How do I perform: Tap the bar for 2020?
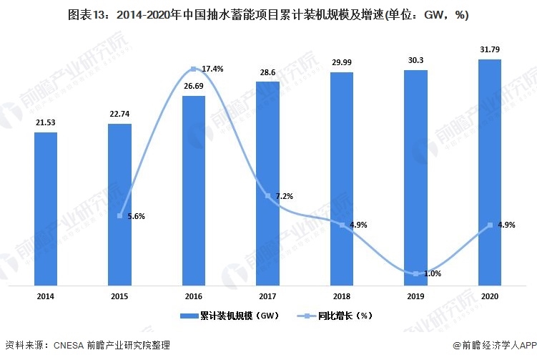click(x=489, y=172)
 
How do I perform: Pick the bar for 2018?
click(x=341, y=179)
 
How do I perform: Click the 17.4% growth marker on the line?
click(x=194, y=69)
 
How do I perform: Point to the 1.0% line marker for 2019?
click(x=415, y=273)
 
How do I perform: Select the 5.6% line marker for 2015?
click(x=120, y=215)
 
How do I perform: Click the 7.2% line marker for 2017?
click(x=267, y=196)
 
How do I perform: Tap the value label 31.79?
click(x=489, y=49)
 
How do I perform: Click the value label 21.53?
click(x=45, y=123)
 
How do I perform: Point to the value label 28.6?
click(x=267, y=72)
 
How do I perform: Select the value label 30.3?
click(x=415, y=61)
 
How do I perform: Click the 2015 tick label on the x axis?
click(x=119, y=296)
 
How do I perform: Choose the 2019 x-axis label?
click(x=415, y=296)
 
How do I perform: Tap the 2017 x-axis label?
click(x=267, y=296)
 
